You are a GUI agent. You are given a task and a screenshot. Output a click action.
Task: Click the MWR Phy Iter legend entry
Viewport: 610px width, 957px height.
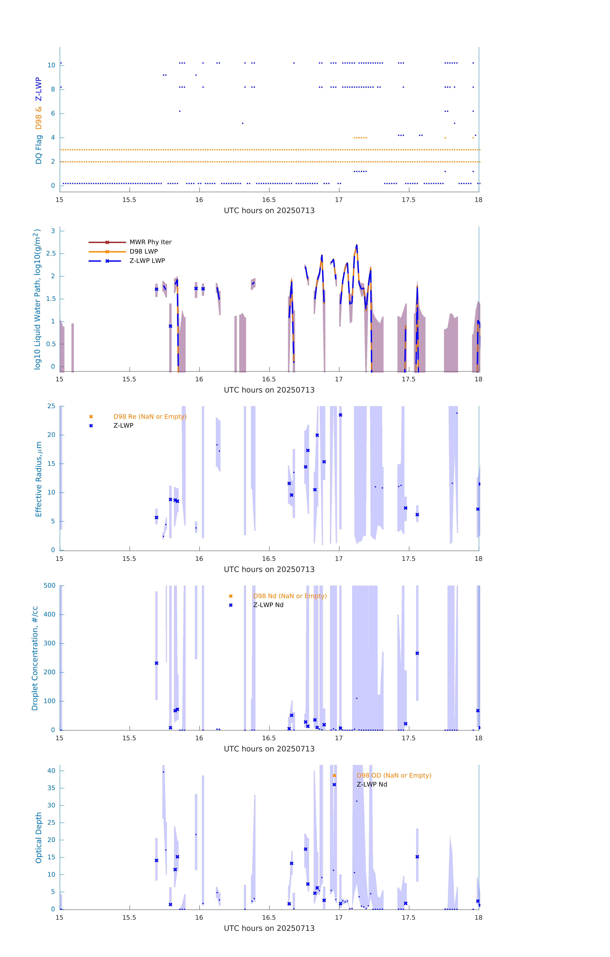tap(150, 242)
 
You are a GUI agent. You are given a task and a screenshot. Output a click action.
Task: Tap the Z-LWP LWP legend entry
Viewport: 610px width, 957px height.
tap(147, 261)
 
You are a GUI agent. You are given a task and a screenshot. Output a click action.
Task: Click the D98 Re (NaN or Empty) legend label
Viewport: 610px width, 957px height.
tap(150, 416)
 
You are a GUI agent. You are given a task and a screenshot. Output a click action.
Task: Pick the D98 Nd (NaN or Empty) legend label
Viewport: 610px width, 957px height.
tap(290, 596)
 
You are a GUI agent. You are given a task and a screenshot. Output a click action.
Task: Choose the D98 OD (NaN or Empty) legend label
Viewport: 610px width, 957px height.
tap(394, 775)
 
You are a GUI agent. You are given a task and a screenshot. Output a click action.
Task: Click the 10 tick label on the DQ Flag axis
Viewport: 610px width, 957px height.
tap(51, 65)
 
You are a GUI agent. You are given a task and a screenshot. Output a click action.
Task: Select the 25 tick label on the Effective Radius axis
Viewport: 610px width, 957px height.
tap(51, 406)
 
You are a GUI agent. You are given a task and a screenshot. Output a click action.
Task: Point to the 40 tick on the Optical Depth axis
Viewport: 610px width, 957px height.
tap(51, 771)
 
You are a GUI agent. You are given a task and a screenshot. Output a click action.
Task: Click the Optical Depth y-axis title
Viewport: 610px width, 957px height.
tap(39, 838)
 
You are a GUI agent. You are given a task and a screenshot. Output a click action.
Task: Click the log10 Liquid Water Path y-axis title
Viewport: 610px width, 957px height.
tap(37, 299)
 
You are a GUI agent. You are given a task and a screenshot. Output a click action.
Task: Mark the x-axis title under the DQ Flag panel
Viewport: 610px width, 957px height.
tap(269, 211)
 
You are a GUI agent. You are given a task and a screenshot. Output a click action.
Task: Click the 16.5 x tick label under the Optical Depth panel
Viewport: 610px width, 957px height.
tap(269, 918)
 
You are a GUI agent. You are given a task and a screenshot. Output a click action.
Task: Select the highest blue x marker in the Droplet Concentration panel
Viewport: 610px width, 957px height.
tap(417, 653)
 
